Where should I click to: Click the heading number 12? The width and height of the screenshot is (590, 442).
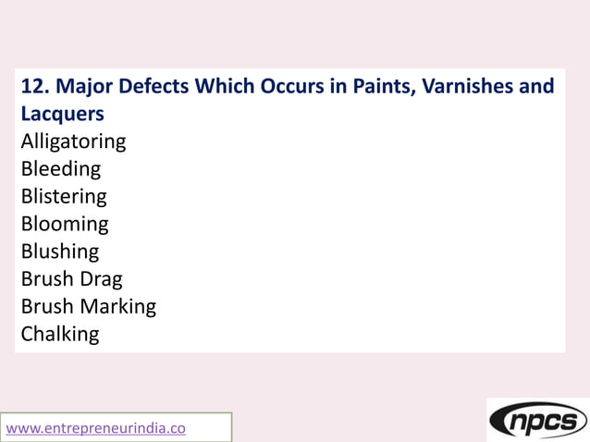pos(35,87)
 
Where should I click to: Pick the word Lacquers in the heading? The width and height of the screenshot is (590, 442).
pos(62,115)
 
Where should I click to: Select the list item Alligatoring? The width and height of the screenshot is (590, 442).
pos(73,142)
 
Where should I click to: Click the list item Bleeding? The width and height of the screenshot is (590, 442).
pos(60,169)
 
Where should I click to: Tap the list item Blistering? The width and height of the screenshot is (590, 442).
pos(64,197)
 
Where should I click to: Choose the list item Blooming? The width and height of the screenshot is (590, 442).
pos(65,224)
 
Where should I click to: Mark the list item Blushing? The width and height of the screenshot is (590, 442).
pos(59,252)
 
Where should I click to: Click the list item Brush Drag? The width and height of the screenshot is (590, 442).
pos(71,278)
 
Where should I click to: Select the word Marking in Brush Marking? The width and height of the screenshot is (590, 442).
pos(117,306)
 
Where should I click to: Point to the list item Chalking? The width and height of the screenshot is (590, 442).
pos(59,334)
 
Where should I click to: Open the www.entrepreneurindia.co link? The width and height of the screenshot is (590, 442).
pos(96,428)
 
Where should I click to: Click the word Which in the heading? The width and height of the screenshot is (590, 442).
pos(224,87)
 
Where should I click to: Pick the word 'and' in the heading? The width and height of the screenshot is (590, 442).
pos(536,87)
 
